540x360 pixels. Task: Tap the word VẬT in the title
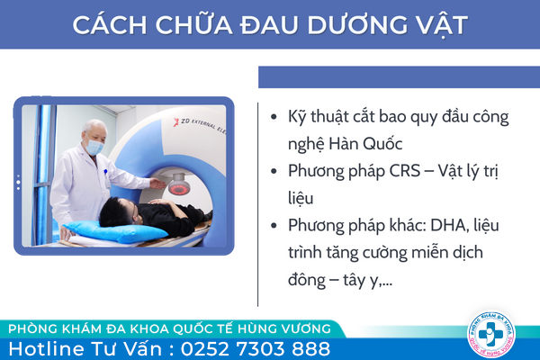436,25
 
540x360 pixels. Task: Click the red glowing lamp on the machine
179,188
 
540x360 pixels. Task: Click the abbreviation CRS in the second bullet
405,170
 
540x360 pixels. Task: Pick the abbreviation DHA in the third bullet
450,225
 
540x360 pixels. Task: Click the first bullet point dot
274,116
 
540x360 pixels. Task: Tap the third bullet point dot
274,225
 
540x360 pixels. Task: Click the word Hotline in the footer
47,348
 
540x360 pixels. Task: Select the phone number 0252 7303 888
256,348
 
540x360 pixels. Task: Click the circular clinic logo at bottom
491,334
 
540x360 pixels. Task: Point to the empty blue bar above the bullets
399,77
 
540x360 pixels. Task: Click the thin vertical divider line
257,204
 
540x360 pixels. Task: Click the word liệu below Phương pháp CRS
301,198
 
